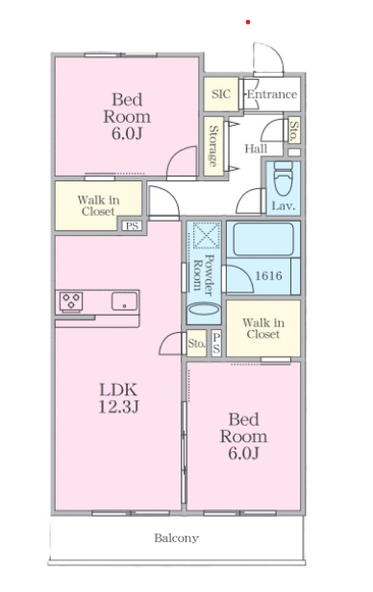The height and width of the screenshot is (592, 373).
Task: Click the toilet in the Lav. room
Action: (283, 178)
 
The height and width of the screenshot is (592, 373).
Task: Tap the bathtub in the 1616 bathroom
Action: (263, 239)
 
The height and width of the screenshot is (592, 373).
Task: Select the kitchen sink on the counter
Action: (124, 301)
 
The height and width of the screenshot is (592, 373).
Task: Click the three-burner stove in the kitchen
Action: (71, 302)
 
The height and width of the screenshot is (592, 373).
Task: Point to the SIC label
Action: (221, 94)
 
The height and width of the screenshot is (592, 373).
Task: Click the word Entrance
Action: (272, 94)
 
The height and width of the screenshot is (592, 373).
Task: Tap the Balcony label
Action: (176, 537)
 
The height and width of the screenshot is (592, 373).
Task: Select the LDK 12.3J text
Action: (118, 398)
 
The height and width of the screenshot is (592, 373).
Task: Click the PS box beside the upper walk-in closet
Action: (132, 226)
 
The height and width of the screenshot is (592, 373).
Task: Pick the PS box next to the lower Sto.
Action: (216, 343)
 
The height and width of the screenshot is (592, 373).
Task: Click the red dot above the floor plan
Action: (248, 22)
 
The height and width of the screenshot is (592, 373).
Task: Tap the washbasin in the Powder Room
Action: (204, 310)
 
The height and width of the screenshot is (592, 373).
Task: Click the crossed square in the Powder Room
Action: (207, 235)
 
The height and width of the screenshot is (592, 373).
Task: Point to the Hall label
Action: (256, 149)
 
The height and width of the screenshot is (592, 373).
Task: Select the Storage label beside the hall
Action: (213, 146)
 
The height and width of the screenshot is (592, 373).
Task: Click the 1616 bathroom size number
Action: (268, 275)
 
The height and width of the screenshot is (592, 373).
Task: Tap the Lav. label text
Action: (284, 206)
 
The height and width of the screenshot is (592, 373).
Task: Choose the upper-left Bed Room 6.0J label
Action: (127, 116)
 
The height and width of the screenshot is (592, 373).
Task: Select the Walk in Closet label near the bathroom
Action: (263, 328)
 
